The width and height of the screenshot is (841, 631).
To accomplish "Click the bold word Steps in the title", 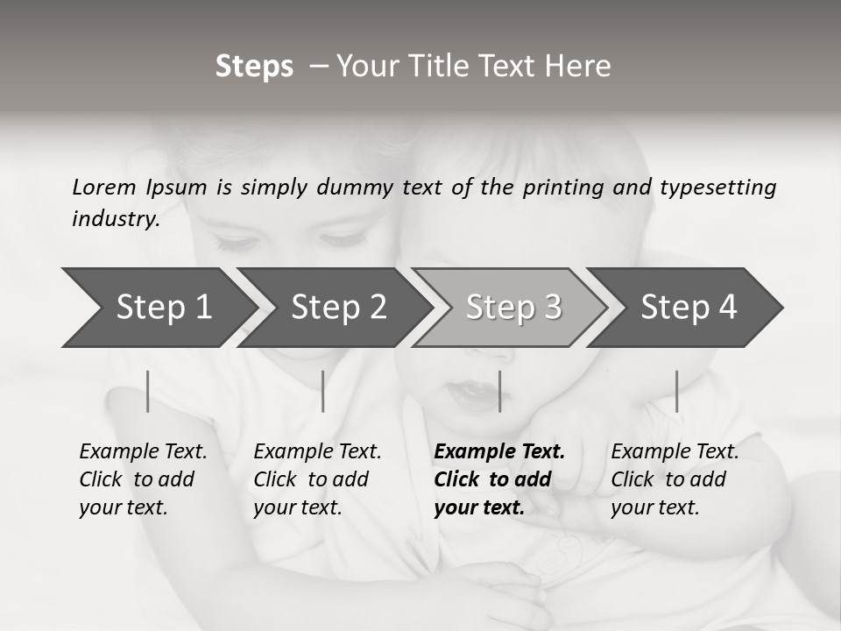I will tap(254, 67).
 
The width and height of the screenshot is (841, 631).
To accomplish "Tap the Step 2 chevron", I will tap(338, 308).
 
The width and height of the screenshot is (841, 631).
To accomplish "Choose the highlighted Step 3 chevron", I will tap(513, 308).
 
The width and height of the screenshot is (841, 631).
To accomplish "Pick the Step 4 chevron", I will tap(689, 308).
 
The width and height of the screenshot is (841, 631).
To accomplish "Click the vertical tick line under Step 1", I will tap(147, 391).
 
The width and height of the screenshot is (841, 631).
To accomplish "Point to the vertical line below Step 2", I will tap(323, 391).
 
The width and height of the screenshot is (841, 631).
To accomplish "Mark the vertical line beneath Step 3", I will tap(499, 391).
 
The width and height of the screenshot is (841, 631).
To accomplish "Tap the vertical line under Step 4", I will tap(676, 391).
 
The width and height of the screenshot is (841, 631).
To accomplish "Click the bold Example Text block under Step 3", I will tap(499, 479).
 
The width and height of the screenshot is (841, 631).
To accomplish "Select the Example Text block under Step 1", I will tap(143, 479).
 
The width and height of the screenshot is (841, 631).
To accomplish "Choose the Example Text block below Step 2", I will tap(317, 479).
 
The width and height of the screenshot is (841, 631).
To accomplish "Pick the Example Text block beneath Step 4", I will tap(675, 479).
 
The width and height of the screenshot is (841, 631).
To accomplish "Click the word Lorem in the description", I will tap(104, 188).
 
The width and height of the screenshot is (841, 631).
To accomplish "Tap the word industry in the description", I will tap(116, 219).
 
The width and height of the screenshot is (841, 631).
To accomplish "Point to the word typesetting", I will tap(717, 188).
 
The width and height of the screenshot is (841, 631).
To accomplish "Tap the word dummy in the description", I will tap(356, 188).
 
